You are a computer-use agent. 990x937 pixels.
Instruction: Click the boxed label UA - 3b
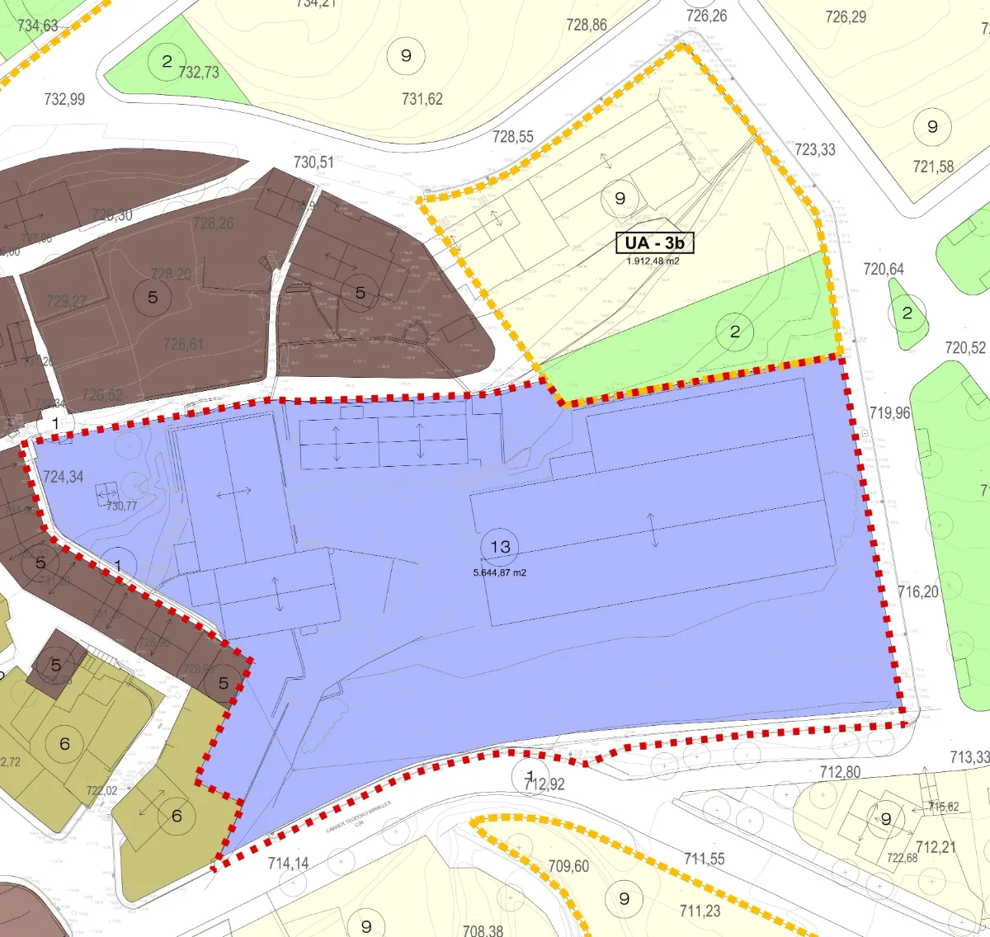(654, 242)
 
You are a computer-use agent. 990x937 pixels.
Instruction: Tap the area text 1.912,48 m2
(653, 261)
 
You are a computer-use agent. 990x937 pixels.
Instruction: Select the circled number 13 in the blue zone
(500, 547)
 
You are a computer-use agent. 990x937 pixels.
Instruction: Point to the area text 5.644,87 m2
(499, 572)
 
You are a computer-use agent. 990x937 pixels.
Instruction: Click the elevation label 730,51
(313, 162)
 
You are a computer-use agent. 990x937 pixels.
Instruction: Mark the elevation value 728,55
(513, 137)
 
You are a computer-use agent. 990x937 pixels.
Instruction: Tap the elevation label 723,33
(815, 149)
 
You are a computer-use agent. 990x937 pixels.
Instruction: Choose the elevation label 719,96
(889, 412)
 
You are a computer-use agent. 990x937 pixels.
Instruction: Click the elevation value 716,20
(918, 591)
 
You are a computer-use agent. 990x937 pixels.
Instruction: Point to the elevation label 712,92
(545, 784)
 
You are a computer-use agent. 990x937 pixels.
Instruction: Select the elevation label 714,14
(289, 863)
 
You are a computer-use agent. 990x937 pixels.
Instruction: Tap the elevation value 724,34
(64, 477)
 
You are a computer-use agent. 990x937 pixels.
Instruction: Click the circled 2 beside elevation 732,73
(167, 61)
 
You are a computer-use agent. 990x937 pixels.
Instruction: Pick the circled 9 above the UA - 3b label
(620, 198)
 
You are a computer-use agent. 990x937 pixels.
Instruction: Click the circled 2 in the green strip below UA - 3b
(735, 332)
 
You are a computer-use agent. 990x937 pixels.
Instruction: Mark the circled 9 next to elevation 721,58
(932, 127)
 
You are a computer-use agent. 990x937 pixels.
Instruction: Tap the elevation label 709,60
(568, 866)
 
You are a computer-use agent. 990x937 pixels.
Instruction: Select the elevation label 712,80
(840, 772)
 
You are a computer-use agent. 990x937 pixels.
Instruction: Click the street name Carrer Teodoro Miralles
(357, 816)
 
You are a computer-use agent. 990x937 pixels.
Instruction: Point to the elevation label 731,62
(422, 99)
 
